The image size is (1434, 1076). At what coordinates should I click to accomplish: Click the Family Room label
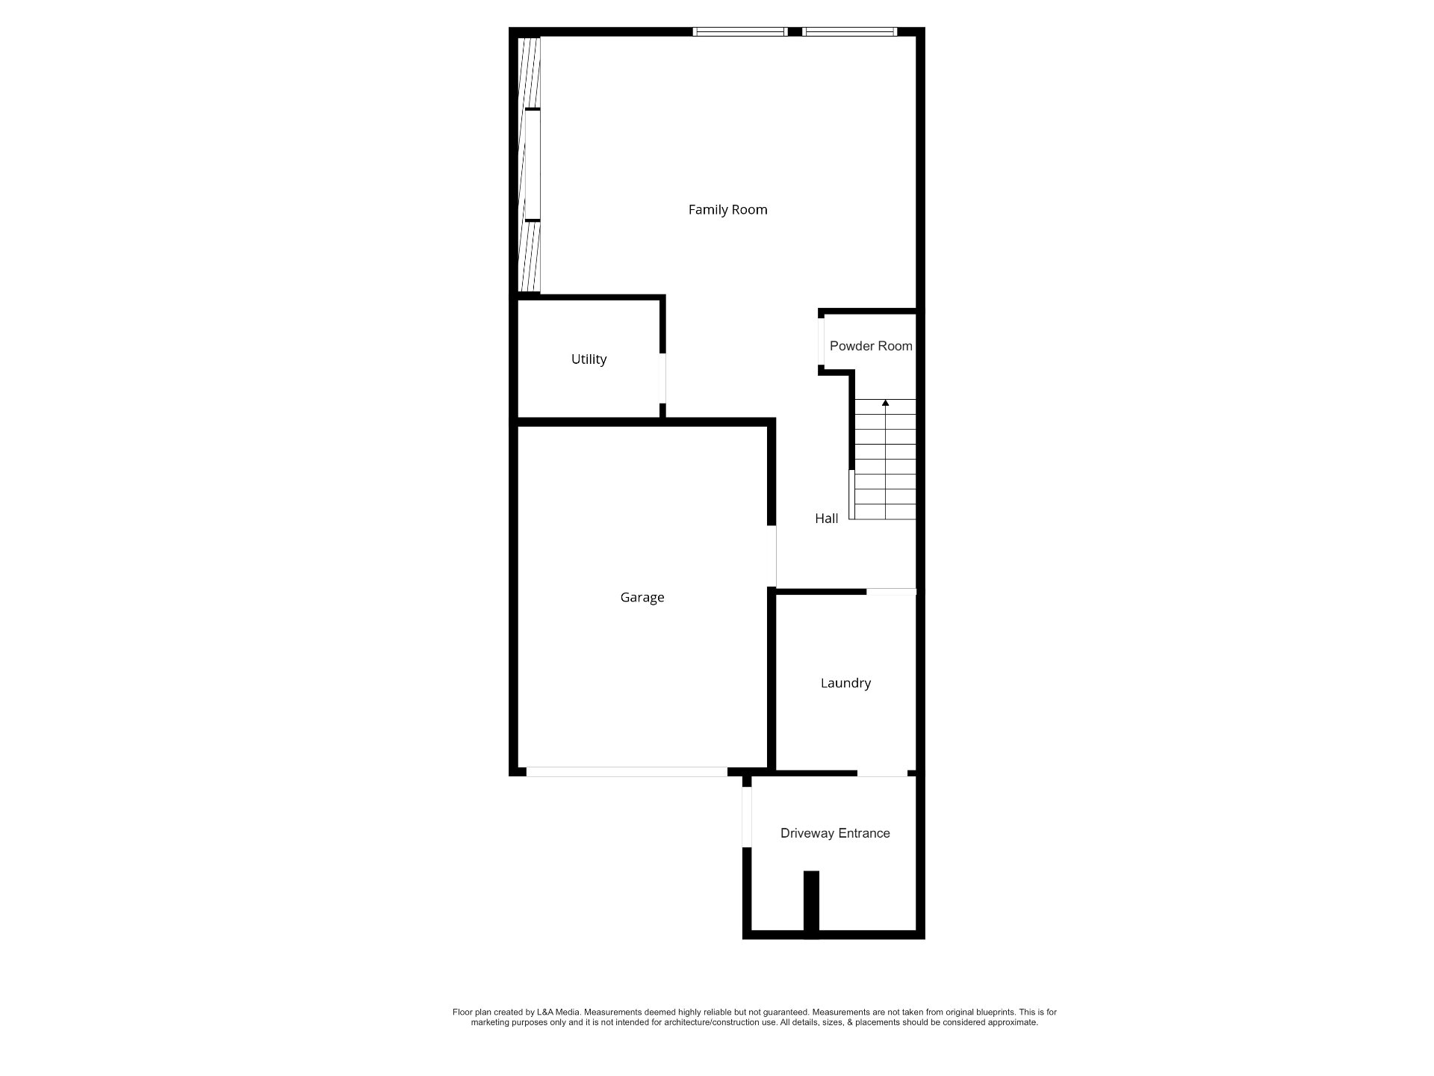(727, 210)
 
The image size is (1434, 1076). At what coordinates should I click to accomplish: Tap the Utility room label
(589, 359)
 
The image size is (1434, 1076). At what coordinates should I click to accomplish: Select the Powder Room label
(871, 346)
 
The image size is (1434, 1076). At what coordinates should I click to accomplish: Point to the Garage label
(642, 598)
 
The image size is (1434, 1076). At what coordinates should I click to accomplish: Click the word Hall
(826, 519)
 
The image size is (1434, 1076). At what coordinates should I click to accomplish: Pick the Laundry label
(845, 683)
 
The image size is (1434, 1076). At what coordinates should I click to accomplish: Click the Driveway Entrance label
(835, 833)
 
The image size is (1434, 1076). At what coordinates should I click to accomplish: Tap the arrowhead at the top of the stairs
(886, 403)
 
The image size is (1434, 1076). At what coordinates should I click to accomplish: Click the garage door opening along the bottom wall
(627, 772)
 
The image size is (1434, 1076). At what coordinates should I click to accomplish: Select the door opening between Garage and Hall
(772, 556)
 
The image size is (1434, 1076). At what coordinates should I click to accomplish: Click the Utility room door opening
(662, 378)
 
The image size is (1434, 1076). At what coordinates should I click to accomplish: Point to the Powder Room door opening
(822, 342)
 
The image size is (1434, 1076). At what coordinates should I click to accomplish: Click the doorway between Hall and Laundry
(891, 592)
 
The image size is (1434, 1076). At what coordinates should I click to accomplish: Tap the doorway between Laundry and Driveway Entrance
(882, 773)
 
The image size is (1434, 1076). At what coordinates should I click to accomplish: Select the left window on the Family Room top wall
(740, 31)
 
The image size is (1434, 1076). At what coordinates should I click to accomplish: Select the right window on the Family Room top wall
(850, 31)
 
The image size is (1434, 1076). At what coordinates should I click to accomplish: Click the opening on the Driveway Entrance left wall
(746, 817)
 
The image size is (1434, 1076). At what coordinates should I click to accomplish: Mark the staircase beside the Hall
(885, 460)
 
